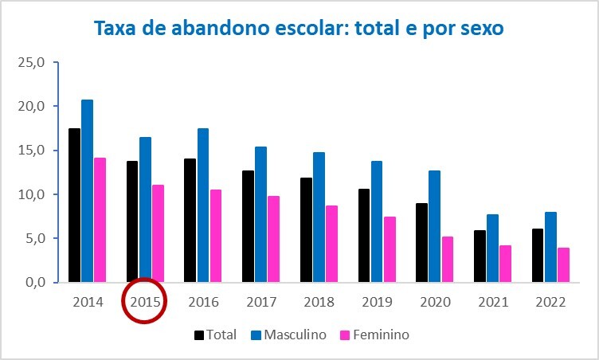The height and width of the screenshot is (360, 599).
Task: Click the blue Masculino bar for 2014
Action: (x=87, y=191)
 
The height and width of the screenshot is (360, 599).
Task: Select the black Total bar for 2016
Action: (x=190, y=221)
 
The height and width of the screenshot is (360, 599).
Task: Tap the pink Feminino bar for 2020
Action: (x=448, y=260)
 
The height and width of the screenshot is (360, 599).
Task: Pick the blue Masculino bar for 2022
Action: (x=550, y=247)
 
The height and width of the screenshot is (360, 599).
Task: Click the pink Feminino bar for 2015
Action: (x=159, y=233)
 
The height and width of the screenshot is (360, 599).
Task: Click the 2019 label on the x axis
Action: (x=377, y=303)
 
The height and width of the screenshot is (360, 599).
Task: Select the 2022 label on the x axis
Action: (x=550, y=303)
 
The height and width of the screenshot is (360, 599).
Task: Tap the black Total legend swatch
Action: (x=199, y=335)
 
